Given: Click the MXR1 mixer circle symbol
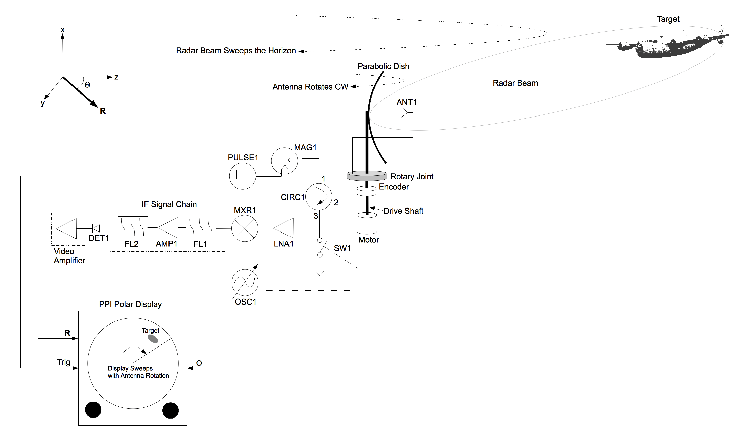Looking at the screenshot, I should [245, 228].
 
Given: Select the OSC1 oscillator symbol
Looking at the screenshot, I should [245, 282].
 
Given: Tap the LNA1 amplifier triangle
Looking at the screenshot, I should [284, 228].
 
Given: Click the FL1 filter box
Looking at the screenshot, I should [201, 228].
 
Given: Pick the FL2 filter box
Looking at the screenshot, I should [133, 227].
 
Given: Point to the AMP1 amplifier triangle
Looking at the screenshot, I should [168, 228].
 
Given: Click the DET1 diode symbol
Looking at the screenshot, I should [96, 228].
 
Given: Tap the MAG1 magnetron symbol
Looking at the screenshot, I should [284, 161].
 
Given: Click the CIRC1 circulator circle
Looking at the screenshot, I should [319, 197].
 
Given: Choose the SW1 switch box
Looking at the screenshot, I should [321, 248].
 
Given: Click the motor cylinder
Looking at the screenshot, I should [367, 224].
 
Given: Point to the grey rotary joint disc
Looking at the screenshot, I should [367, 176].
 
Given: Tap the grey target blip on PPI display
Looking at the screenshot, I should [153, 339].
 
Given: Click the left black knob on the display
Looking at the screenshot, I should [93, 410].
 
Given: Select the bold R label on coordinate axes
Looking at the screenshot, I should [103, 111].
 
